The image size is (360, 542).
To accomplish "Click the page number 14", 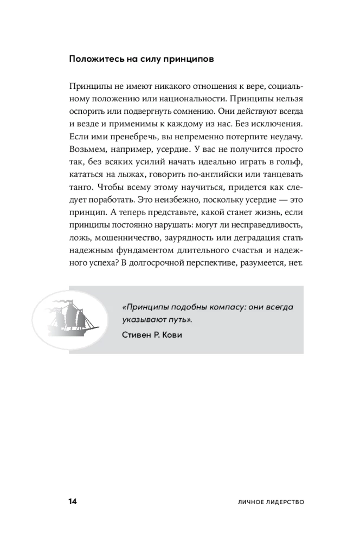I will (73, 502).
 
